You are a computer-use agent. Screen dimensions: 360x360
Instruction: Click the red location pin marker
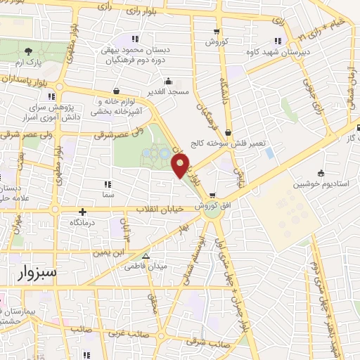181,166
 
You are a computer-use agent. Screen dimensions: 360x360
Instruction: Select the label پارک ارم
27,62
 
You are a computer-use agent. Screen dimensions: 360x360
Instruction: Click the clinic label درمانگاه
83,221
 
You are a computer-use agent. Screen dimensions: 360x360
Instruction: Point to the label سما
107,193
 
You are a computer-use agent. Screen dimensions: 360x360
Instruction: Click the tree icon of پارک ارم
28,51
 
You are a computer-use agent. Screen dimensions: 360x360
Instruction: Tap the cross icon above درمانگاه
83,211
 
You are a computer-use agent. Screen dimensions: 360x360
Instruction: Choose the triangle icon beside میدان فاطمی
146,256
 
